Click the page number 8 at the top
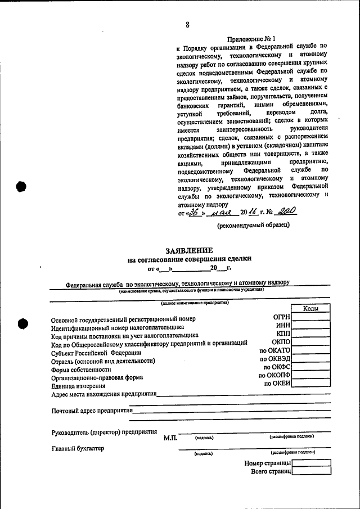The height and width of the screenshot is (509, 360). tap(187, 25)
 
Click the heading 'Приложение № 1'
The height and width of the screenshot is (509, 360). tap(251, 39)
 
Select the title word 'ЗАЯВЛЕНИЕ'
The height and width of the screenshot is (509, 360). tap(189, 250)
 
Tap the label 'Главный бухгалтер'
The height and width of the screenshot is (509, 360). tap(78, 448)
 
